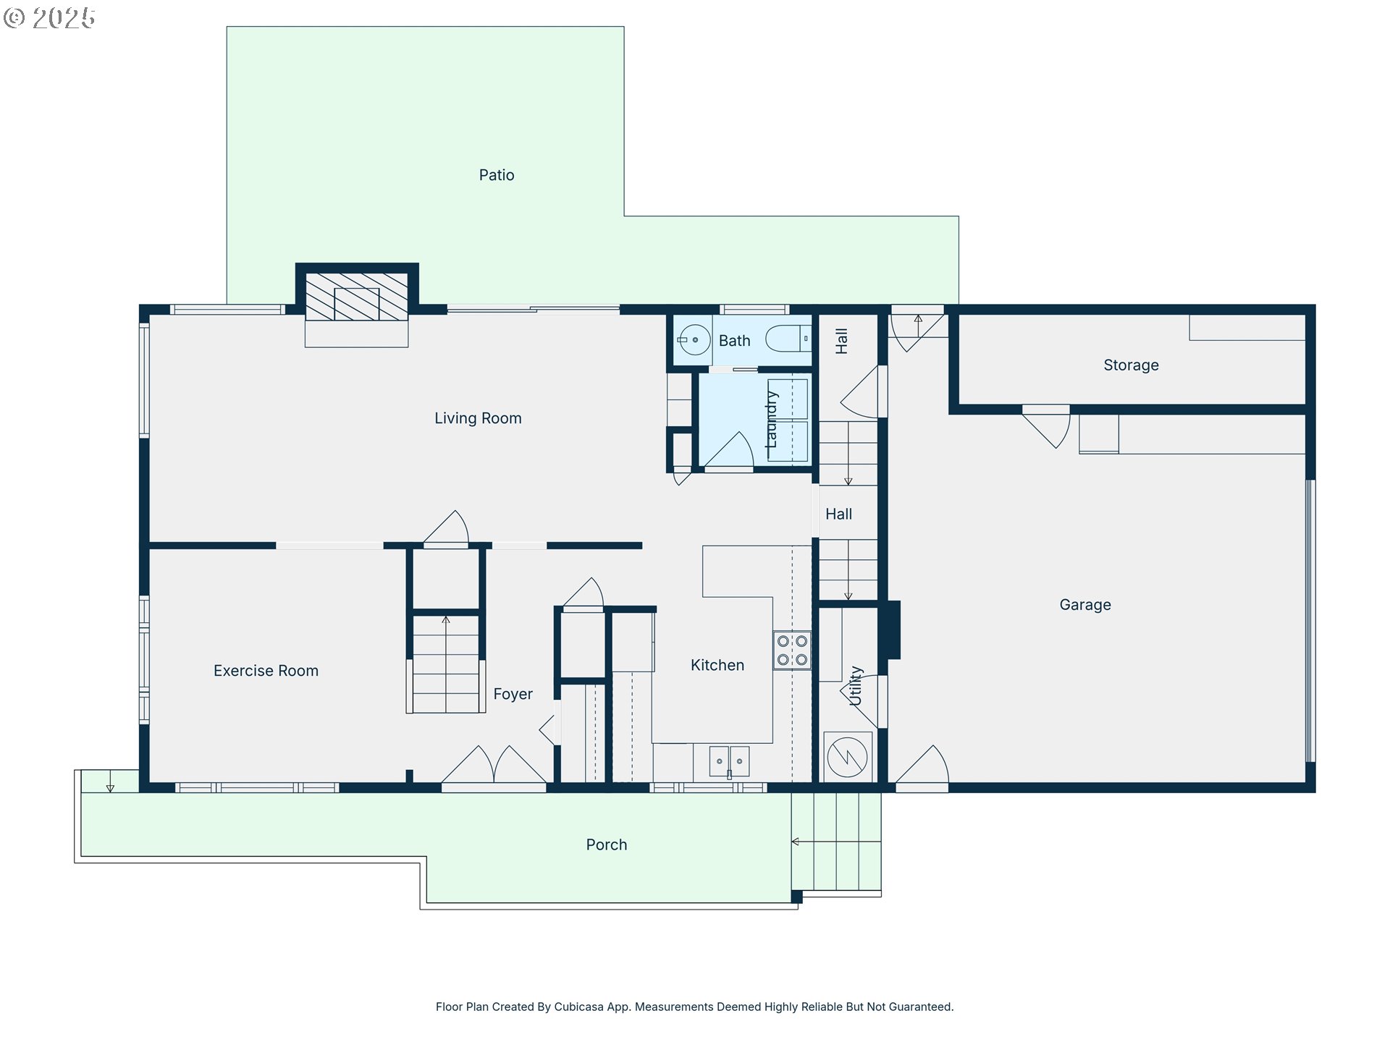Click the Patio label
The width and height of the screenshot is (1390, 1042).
pos(497,175)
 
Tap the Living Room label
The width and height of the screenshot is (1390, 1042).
pos(478,418)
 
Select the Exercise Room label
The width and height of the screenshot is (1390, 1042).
pos(266,671)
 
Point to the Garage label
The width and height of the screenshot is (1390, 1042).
pos(1085,605)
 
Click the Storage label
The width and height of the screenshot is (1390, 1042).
pos(1131,365)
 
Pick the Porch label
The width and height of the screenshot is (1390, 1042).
pos(607,845)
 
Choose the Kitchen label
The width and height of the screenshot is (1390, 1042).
pos(717,665)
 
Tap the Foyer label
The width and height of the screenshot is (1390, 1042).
pos(513,694)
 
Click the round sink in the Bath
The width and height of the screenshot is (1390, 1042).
pos(694,339)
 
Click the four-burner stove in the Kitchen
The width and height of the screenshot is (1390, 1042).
pos(792,650)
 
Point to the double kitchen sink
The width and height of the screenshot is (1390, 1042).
pos(729,761)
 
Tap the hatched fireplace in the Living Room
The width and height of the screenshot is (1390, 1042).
pos(356,297)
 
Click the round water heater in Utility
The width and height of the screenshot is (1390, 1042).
pos(847,757)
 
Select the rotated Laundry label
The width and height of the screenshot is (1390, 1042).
pos(772,420)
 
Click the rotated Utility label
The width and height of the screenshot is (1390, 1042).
pos(856,686)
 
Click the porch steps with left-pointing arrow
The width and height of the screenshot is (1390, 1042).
pos(836,842)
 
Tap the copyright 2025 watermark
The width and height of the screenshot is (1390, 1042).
pos(49,18)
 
